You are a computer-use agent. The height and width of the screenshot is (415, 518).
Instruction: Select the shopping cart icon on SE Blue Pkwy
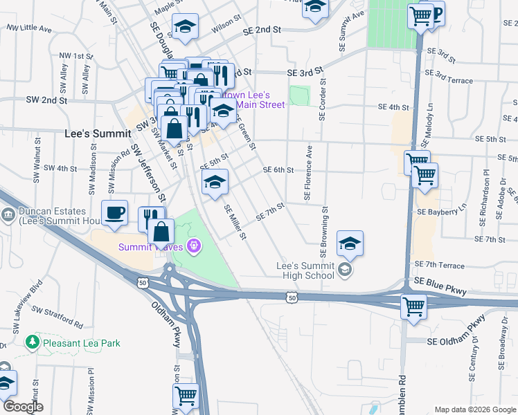pos(413,305)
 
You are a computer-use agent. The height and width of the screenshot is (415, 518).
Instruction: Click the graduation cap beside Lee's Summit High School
pos(350,243)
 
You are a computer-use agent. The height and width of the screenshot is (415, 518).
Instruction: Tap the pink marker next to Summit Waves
pos(193,246)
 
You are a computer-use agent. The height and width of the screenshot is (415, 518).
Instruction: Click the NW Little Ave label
pos(29,29)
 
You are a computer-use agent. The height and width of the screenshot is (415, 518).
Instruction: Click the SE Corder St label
pos(323,98)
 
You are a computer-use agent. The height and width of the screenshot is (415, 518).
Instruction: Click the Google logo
pos(22,407)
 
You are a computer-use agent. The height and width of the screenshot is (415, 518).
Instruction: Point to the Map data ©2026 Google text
pos(474,409)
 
